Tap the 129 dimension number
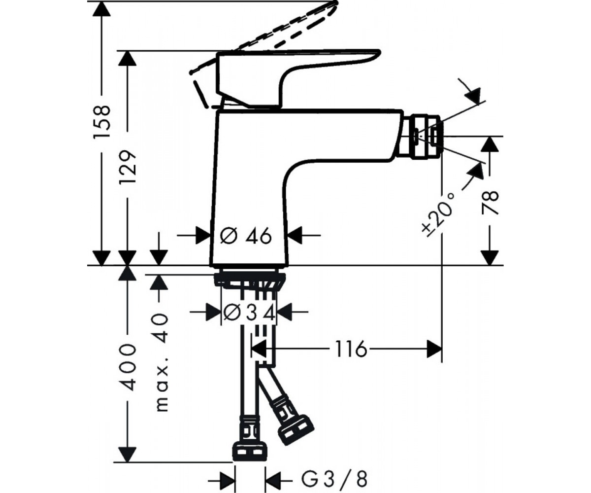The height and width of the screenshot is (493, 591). pyautogui.click(x=128, y=167)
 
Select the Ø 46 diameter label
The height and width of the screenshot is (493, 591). pyautogui.click(x=246, y=236)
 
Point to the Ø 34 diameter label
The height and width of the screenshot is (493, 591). pyautogui.click(x=249, y=312)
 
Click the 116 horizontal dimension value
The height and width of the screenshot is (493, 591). pyautogui.click(x=351, y=349)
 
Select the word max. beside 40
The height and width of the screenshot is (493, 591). pyautogui.click(x=162, y=389)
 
